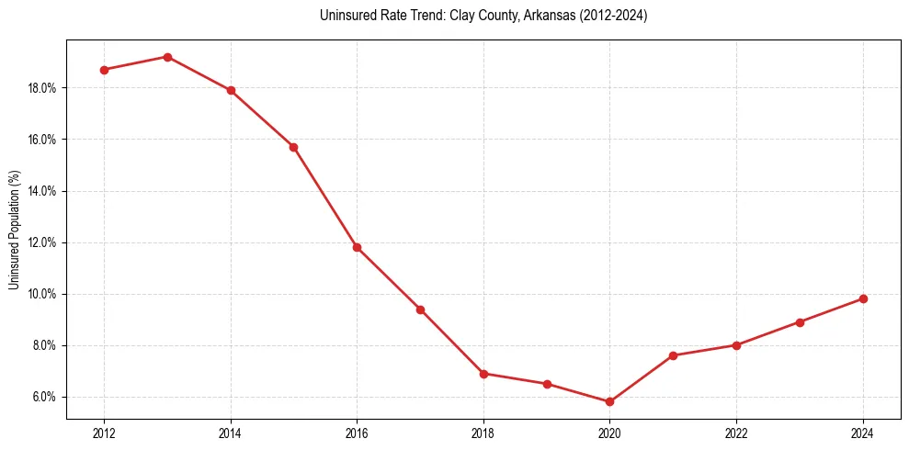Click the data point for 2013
point(167,57)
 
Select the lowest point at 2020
point(609,401)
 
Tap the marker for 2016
point(357,247)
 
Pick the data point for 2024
point(863,298)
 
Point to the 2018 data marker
point(483,374)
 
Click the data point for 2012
point(104,70)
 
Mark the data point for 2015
point(293,147)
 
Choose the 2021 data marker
point(673,355)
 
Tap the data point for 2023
point(800,322)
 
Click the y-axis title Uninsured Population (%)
point(15,230)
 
